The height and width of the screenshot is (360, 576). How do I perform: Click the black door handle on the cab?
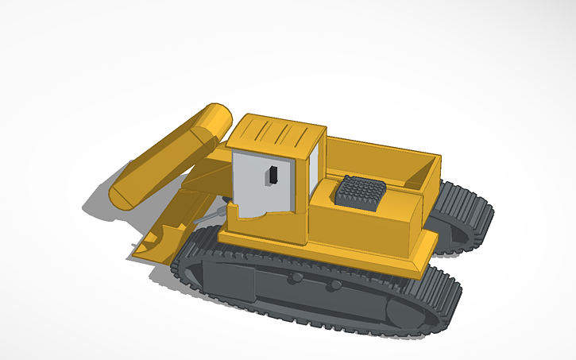coord(272,175)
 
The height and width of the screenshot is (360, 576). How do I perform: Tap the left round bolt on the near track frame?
coord(296,278)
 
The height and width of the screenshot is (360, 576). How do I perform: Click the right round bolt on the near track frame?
coord(336,285)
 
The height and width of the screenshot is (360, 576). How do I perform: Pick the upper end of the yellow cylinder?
coord(214,120)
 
